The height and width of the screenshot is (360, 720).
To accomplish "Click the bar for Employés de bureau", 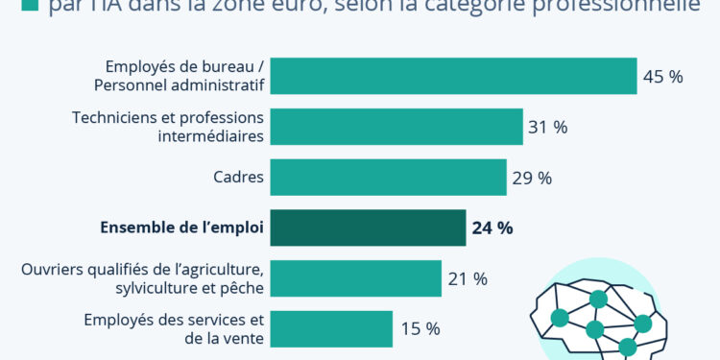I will (x=453, y=76).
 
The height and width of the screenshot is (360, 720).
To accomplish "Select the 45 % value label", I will (x=662, y=77).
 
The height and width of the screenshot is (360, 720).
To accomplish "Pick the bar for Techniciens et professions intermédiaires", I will (x=396, y=127).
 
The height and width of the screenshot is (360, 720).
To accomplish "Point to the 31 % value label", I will (x=547, y=127).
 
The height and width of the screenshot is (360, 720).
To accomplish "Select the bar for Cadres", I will (x=388, y=178).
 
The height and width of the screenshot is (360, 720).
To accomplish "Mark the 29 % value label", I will (x=531, y=178).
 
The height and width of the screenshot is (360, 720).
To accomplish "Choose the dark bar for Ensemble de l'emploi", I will (x=368, y=228).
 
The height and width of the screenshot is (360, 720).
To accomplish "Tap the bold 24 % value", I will (x=492, y=228).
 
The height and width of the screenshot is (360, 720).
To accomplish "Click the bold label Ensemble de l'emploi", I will (x=181, y=228).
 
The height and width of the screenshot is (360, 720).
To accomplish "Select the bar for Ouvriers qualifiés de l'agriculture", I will (x=355, y=278).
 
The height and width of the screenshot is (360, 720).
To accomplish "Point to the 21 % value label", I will (x=467, y=279).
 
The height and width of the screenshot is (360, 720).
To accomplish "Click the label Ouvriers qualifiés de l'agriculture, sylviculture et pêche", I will (x=142, y=278).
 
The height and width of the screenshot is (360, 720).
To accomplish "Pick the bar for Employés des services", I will (x=331, y=328).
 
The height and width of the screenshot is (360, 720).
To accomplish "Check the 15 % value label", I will (x=420, y=329).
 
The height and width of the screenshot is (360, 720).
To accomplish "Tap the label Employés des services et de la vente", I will (x=173, y=328).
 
